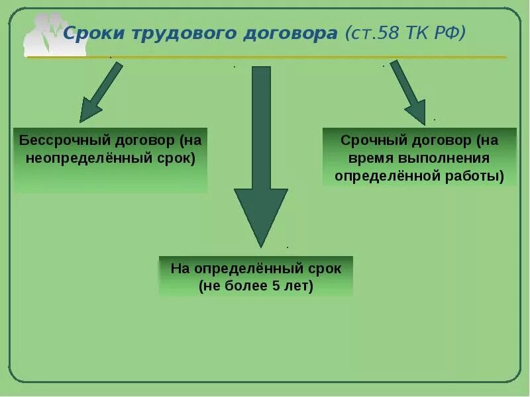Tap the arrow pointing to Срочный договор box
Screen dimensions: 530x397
408,93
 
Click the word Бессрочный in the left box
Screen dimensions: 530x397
57,141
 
